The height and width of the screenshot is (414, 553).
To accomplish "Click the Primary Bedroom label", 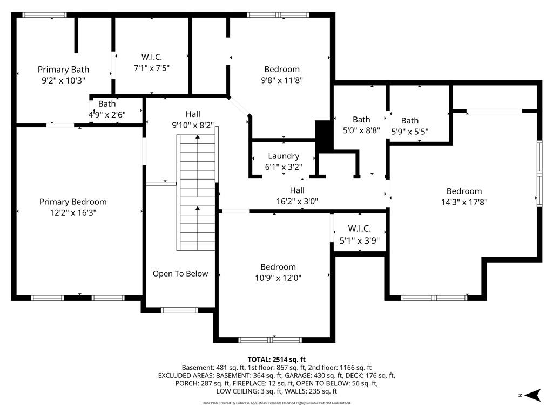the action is coord(73,202).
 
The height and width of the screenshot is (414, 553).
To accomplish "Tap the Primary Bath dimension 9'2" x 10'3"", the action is coord(64,81).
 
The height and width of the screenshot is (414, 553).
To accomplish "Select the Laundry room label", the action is coord(284,156).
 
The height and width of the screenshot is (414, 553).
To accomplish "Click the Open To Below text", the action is coord(180,273).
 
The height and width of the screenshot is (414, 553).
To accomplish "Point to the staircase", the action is coord(196,192).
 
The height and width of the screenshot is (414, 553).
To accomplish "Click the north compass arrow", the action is coord(532,395).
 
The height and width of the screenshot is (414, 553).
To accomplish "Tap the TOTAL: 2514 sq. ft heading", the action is coord(276,360).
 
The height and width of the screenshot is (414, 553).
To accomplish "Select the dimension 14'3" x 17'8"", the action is coord(464,202).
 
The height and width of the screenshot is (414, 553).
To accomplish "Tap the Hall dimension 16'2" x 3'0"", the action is coord(297,202).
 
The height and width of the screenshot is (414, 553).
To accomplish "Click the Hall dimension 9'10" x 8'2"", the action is coord(193,125).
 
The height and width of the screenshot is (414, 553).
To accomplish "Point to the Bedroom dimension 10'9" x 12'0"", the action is coord(278,278).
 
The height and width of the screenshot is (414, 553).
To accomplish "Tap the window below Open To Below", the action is coord(179,310).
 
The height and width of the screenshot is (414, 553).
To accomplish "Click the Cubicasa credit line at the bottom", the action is coord(276,403).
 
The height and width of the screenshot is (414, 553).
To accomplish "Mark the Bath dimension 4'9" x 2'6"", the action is coord(107,115).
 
